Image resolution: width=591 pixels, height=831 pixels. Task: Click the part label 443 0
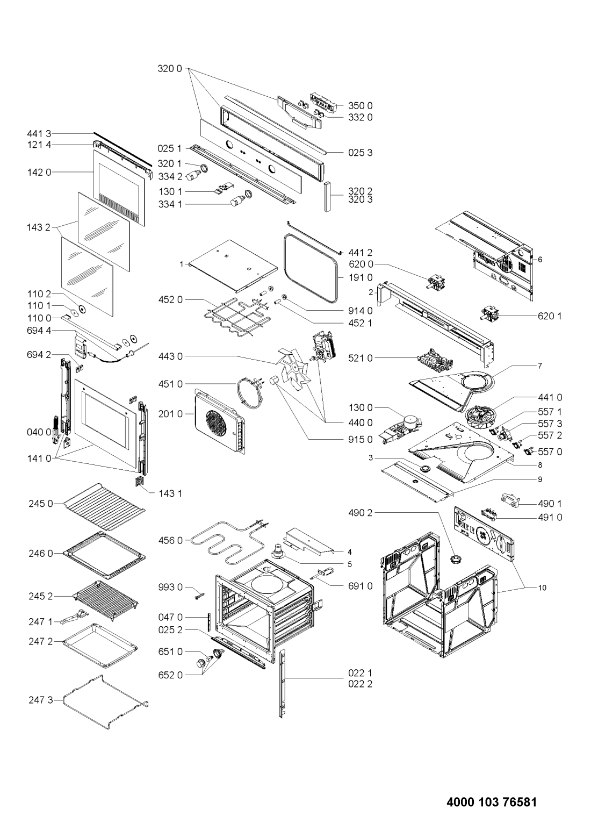tap(170, 356)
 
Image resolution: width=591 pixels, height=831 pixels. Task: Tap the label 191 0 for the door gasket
tap(361, 277)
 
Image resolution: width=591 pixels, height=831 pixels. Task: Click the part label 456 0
tap(170, 541)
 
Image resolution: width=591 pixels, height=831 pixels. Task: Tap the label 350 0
tap(361, 106)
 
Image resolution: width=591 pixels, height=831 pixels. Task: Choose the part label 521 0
tap(361, 358)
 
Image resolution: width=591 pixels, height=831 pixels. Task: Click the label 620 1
tap(550, 316)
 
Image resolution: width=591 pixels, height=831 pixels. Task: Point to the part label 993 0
tap(170, 588)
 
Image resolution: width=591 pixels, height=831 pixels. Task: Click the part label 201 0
tap(170, 414)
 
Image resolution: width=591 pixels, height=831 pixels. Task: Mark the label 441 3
tap(39, 133)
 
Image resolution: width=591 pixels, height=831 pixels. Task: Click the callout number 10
tap(542, 588)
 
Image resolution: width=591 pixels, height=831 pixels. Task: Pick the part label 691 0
tap(361, 586)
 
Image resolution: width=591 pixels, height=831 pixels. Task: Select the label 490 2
tap(361, 513)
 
